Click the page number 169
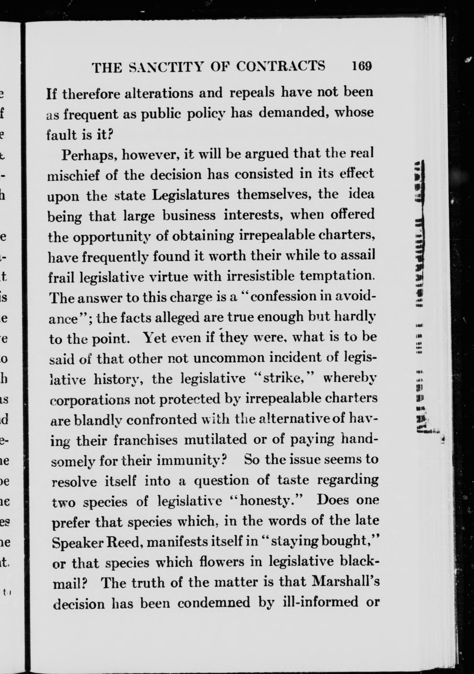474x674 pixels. point(362,66)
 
